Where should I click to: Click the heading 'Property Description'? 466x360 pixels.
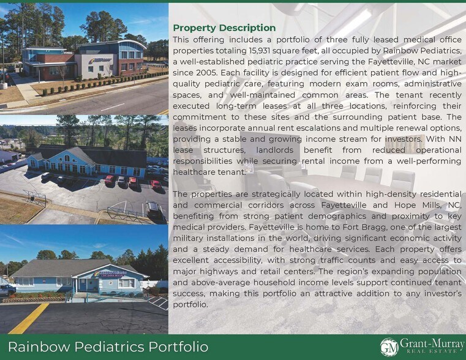coord(224,28)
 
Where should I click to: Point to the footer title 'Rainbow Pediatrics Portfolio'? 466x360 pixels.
coord(108,347)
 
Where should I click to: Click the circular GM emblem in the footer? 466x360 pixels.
coord(389,347)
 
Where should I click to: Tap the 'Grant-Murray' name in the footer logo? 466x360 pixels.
coord(432,343)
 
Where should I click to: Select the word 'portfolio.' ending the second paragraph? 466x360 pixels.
coord(191,305)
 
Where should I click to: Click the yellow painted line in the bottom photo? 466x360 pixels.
coord(27,319)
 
